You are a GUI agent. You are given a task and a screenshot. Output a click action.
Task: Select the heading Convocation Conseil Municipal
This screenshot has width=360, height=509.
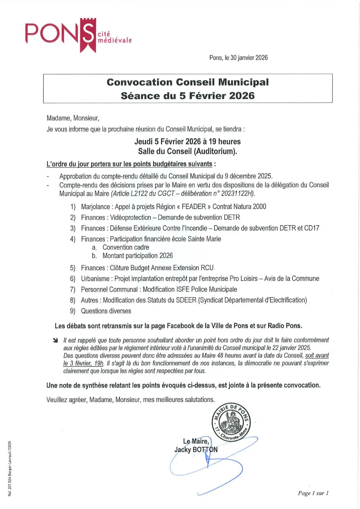(x=188, y=82)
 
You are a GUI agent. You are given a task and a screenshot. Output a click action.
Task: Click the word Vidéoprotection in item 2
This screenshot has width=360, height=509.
(x=130, y=218)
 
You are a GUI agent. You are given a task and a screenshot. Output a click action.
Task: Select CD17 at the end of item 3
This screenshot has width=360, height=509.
(x=312, y=228)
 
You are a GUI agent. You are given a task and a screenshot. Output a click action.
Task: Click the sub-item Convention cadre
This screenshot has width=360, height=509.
(x=126, y=247)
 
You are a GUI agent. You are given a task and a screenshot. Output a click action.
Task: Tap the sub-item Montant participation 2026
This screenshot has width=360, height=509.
(x=138, y=256)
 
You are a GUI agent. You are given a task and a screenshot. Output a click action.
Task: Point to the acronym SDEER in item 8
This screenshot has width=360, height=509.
(x=186, y=300)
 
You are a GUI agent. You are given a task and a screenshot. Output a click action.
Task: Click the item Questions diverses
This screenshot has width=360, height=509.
(x=106, y=311)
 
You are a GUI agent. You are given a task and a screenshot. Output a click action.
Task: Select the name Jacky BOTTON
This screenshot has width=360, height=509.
(x=196, y=450)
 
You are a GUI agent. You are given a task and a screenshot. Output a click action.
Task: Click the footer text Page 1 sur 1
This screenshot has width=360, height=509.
(x=313, y=493)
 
